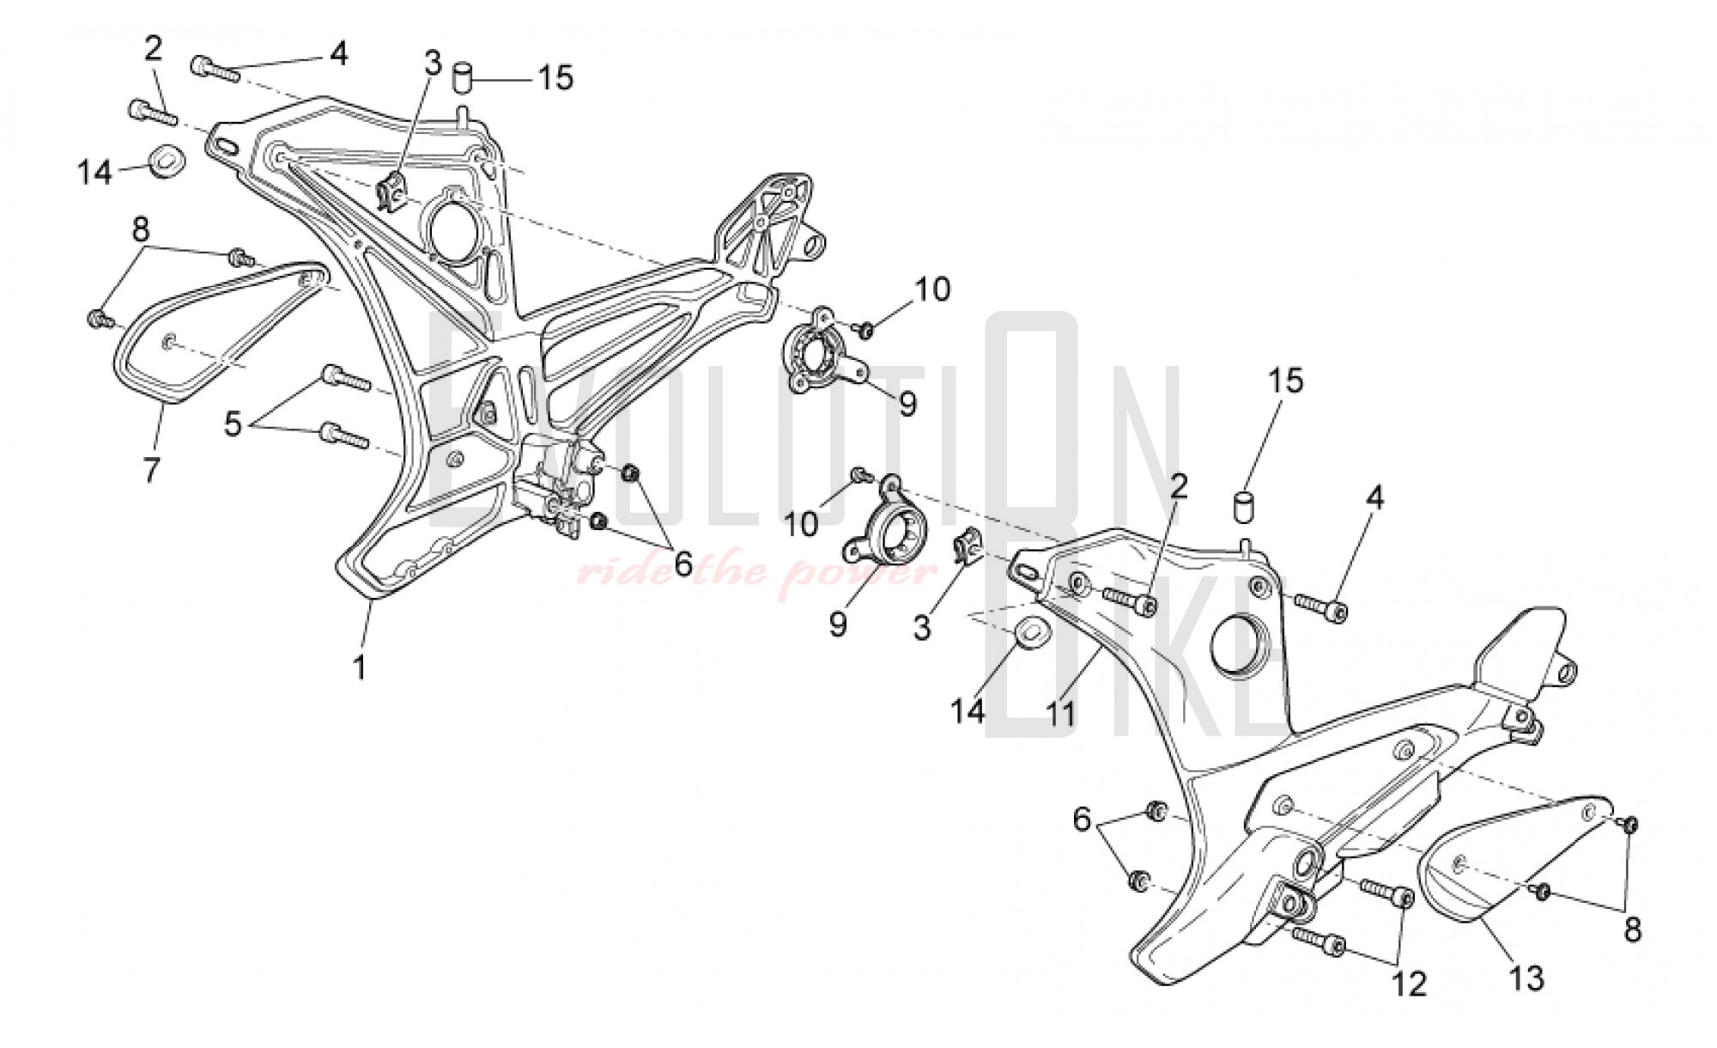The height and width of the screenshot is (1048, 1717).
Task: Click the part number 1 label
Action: pos(360,667)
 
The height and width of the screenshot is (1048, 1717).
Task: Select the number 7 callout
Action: pos(152,470)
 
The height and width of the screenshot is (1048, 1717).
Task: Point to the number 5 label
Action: pos(234,423)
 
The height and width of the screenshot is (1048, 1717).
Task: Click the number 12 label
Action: pos(1410,983)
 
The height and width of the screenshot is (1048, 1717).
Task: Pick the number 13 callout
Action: pos(1527,978)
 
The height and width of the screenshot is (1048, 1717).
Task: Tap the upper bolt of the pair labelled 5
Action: pos(344,377)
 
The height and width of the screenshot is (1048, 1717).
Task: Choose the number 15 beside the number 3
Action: pos(555,78)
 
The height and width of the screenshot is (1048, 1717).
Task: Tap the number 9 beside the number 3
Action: pos(838,624)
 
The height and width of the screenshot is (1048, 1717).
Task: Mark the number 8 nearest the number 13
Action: pos(1632,929)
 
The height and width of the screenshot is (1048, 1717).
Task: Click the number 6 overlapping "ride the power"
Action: pos(683,564)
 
